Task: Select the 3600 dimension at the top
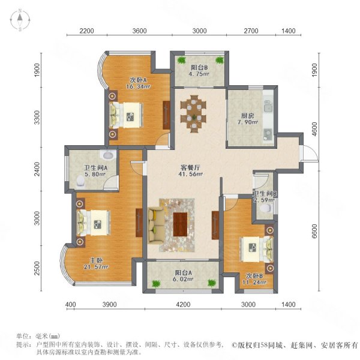(x=139, y=31)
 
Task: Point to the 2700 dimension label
(x=251, y=31)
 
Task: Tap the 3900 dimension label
(x=110, y=306)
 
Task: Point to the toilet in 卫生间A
(x=80, y=181)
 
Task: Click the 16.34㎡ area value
(x=136, y=86)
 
